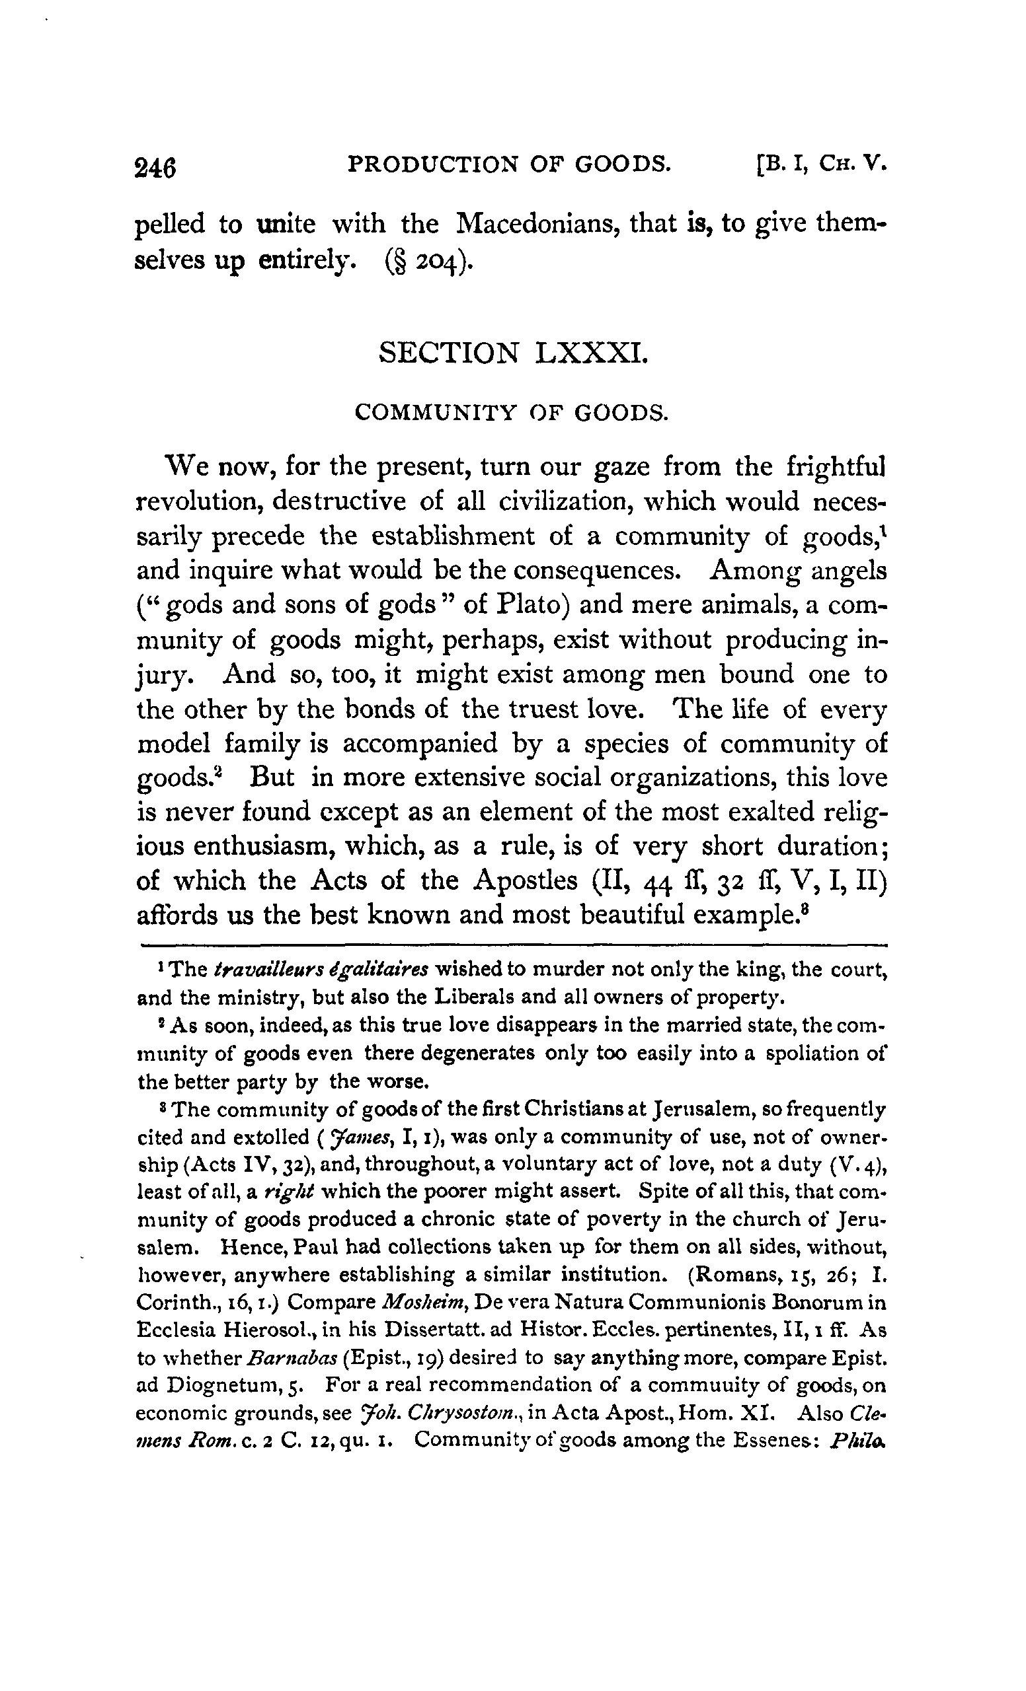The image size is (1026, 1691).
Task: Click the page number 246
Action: (156, 166)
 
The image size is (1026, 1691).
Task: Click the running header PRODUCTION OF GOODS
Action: (509, 164)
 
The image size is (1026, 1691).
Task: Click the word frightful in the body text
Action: (834, 468)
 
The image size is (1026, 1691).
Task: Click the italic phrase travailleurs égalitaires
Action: (321, 969)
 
